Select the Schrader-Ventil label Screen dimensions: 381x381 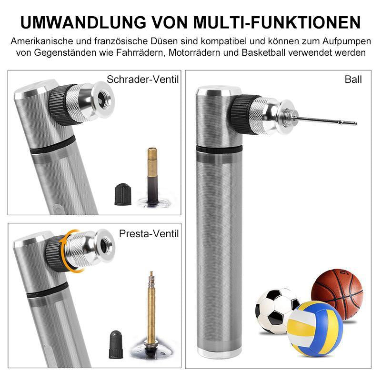click(x=143, y=79)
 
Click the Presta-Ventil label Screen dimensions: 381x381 click(x=149, y=233)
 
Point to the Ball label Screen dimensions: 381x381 click(x=353, y=79)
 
